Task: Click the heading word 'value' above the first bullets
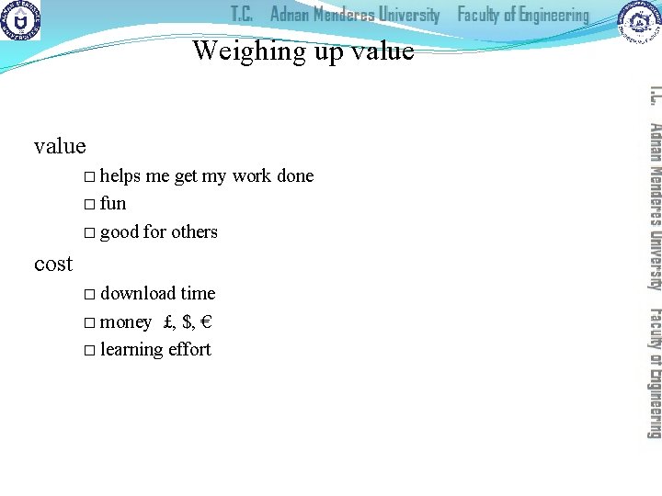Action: pos(60,146)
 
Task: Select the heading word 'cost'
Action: pos(53,265)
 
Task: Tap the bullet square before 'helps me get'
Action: pos(88,176)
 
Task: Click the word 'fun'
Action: pos(113,203)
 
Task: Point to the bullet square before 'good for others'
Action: pos(88,232)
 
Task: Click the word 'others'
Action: pos(194,231)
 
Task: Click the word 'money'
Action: pos(126,321)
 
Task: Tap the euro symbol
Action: pos(208,321)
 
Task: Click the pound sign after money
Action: pos(167,321)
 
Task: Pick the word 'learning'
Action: pos(131,350)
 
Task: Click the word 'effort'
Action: pos(188,349)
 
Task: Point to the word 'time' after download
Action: pos(198,293)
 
